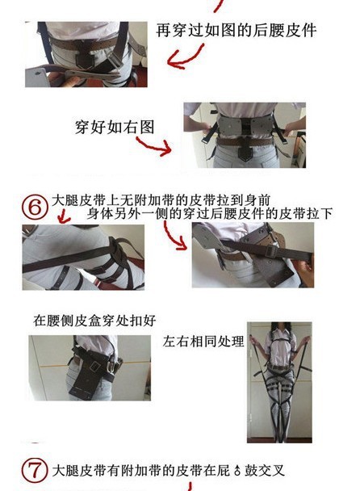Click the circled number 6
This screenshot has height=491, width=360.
click(35, 208)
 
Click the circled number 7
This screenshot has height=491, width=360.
click(35, 471)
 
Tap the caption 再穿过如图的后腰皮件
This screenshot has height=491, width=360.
click(236, 31)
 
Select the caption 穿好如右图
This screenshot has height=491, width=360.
click(115, 127)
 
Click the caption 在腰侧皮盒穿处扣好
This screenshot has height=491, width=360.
click(94, 320)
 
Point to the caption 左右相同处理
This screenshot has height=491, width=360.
click(203, 341)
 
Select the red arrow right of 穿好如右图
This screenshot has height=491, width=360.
click(153, 146)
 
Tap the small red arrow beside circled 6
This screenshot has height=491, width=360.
click(64, 216)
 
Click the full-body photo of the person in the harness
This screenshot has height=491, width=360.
click(279, 382)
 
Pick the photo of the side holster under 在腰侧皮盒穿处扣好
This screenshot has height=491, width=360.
click(90, 368)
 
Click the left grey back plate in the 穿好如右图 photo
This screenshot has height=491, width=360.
click(230, 127)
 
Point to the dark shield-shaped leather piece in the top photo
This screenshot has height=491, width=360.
click(86, 60)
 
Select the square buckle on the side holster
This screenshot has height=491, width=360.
click(94, 366)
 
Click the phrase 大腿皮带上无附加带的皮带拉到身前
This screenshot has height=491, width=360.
click(161, 200)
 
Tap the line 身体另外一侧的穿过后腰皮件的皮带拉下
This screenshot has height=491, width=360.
click(209, 213)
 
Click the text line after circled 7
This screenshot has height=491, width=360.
click(169, 470)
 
